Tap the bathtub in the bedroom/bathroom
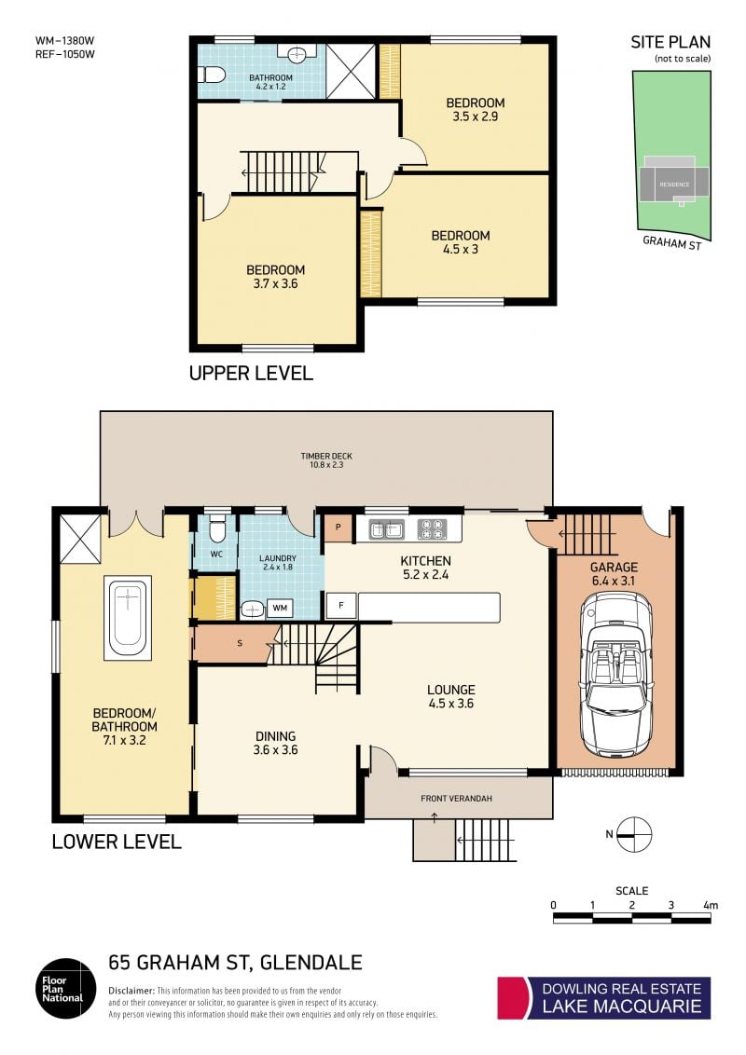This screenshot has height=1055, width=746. click(128, 618)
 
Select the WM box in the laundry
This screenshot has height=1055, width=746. click(280, 609)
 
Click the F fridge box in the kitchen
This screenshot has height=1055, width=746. click(340, 606)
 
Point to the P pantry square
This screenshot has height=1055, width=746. click(338, 527)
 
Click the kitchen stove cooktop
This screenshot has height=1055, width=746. click(433, 528)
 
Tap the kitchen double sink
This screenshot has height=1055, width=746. click(387, 528)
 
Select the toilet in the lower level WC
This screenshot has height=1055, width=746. click(216, 528)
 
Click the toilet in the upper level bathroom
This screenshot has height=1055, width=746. click(212, 74)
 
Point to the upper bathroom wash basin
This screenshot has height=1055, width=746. click(297, 53)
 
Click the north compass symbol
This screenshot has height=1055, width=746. click(633, 834)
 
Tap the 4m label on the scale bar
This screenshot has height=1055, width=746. click(711, 905)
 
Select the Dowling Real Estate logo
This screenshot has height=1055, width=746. click(604, 998)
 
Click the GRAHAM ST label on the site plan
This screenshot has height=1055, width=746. click(672, 243)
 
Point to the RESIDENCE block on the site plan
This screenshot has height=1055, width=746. click(674, 180)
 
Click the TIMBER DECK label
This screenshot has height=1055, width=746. click(326, 456)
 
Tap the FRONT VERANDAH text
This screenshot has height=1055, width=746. click(457, 799)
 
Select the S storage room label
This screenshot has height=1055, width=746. click(240, 644)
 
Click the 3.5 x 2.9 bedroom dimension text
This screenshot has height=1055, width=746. click(476, 116)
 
